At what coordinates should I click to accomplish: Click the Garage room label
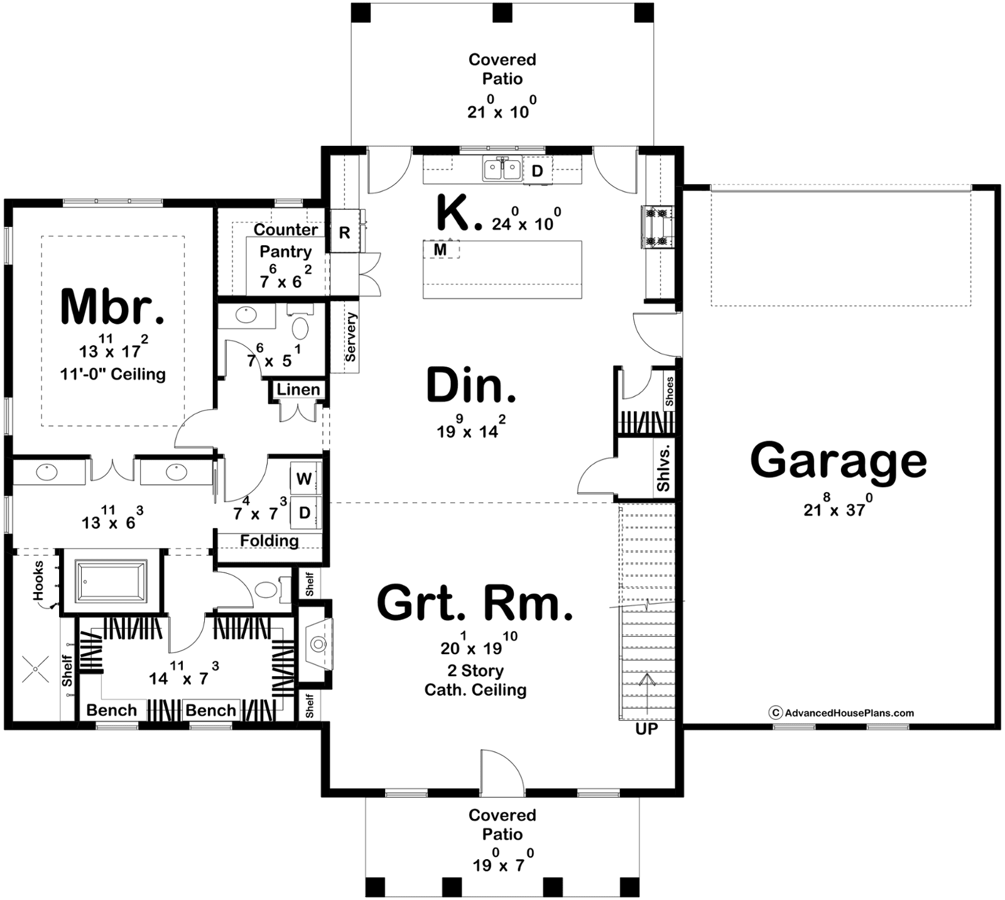pos(839,461)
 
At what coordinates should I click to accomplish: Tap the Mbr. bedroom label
pos(113,307)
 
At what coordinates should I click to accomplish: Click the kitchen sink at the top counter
pos(502,169)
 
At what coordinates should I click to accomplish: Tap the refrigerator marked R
pos(345,232)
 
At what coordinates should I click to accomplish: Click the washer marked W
pos(305,479)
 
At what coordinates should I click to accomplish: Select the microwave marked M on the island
pos(440,250)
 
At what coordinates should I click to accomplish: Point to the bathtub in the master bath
pos(111,581)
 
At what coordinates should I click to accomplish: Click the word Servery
pos(350,337)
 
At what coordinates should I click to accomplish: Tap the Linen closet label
pos(298,390)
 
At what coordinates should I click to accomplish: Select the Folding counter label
pos(269,541)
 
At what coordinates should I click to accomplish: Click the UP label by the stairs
pos(646,729)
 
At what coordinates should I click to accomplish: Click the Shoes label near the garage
pos(670,391)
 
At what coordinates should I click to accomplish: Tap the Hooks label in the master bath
pos(39,580)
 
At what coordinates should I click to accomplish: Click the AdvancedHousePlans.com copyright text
pos(842,713)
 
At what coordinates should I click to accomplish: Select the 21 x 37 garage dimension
pos(835,506)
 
